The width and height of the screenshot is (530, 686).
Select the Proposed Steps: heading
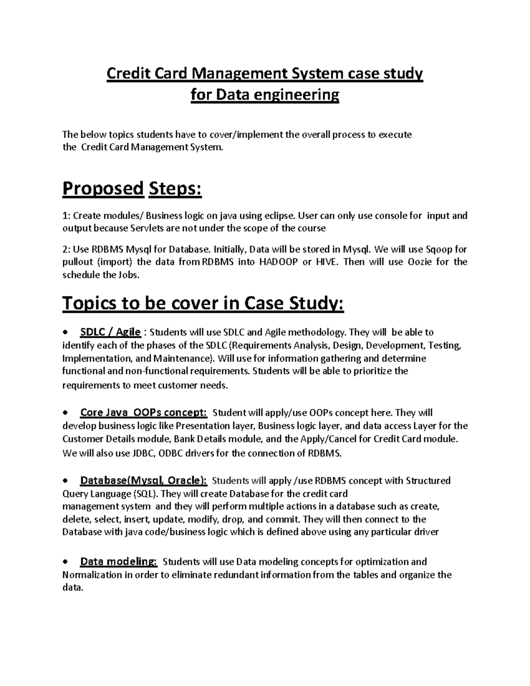click(132, 189)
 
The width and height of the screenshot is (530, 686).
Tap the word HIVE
click(326, 262)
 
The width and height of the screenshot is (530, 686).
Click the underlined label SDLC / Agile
click(110, 332)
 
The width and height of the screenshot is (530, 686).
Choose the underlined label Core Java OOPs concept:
click(143, 413)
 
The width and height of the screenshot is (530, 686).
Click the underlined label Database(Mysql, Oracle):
click(143, 481)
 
